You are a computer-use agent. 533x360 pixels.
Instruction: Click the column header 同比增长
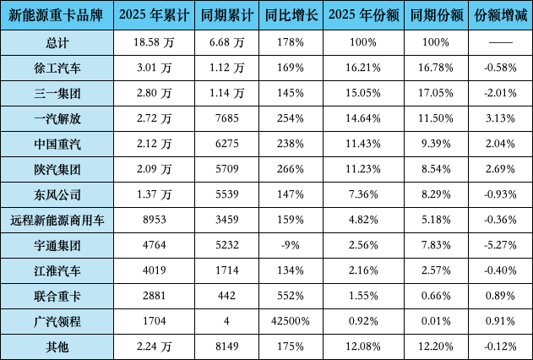pos(288,16)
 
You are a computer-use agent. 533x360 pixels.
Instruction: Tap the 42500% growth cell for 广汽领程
pos(288,322)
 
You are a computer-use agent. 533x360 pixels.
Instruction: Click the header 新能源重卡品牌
pos(57,16)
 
